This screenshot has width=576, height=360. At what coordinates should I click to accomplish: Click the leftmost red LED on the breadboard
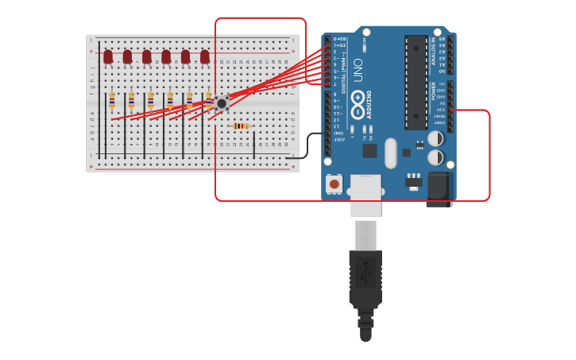[x=108, y=56]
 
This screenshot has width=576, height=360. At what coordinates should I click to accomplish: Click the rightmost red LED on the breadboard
[x=205, y=56]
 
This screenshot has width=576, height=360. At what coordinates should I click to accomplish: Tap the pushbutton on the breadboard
[x=222, y=103]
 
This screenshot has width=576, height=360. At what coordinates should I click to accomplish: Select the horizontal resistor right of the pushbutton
[x=241, y=126]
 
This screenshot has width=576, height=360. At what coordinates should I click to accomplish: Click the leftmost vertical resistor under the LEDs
[x=112, y=99]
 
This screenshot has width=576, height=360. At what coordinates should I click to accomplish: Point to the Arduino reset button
[x=334, y=184]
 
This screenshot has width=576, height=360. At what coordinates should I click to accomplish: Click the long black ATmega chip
[x=416, y=82]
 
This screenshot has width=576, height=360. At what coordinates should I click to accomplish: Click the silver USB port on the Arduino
[x=365, y=195]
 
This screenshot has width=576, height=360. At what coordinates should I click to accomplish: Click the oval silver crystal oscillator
[x=390, y=153]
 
